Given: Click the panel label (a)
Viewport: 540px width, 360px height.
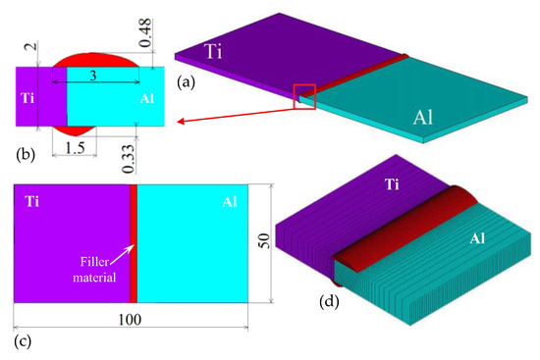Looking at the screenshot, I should pos(186,83).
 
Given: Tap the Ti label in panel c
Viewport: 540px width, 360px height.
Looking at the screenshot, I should pos(27,201).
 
